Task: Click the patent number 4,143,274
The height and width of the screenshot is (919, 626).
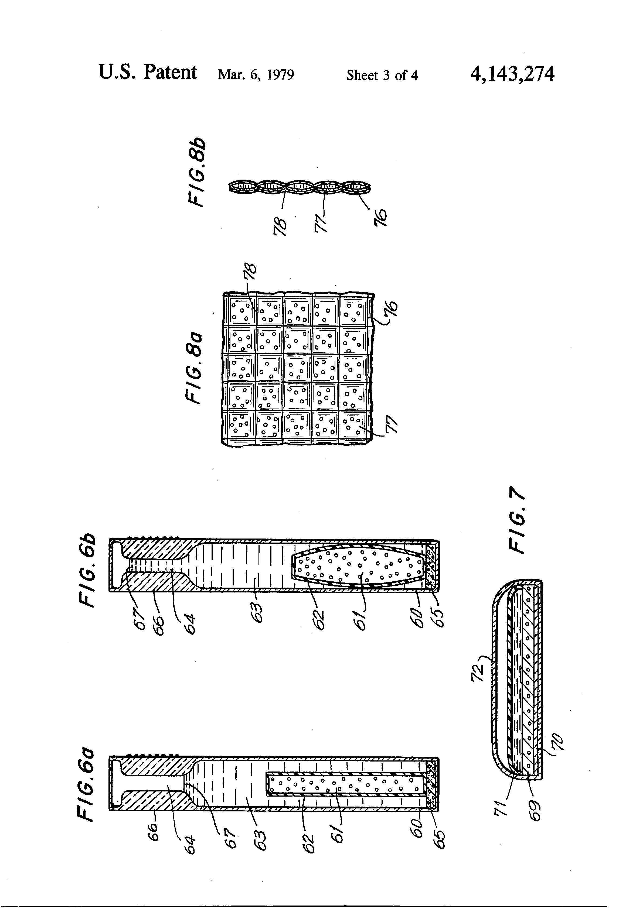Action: (x=512, y=74)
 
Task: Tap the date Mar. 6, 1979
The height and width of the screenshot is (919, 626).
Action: (x=256, y=75)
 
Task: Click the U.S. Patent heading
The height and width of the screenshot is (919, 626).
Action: (x=148, y=73)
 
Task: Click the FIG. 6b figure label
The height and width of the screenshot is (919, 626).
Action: (x=87, y=570)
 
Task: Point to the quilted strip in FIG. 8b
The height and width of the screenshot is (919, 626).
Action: (x=300, y=187)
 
